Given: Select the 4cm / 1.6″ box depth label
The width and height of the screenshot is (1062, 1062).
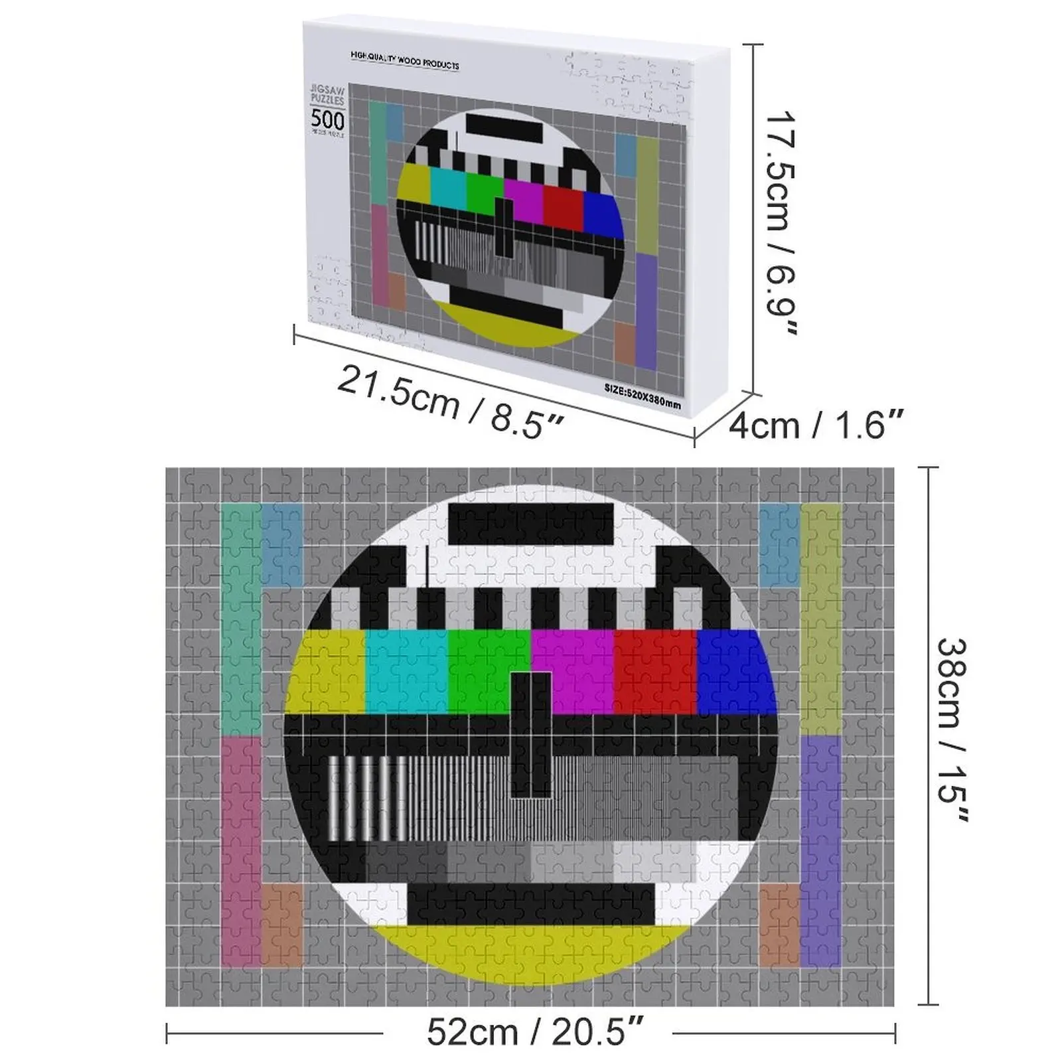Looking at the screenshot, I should click(816, 424).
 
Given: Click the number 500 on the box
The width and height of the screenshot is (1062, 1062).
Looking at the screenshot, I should click(328, 120).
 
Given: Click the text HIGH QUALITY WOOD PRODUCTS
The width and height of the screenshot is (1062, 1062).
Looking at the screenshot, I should click(404, 62).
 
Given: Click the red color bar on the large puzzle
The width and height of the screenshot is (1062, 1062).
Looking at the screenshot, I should click(654, 670).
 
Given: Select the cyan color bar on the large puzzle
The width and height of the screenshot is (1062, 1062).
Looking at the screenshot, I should click(406, 670).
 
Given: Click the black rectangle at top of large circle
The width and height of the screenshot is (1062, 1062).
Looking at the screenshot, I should click(531, 524).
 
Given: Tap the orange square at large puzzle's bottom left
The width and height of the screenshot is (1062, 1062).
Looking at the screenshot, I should click(281, 923).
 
